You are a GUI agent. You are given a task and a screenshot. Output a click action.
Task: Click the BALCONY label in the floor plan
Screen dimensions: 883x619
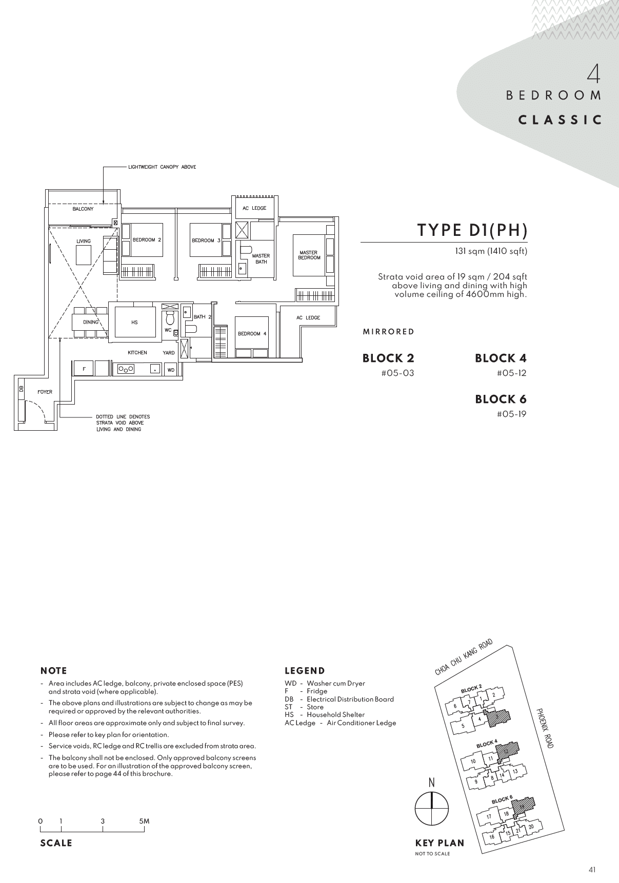coord(83,209)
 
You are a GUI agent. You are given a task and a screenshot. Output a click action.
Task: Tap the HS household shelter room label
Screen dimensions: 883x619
coord(134,323)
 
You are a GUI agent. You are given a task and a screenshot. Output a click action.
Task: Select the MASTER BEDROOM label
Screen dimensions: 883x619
coord(309,255)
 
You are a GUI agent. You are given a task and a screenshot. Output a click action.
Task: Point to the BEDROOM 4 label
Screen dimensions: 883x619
coord(252,334)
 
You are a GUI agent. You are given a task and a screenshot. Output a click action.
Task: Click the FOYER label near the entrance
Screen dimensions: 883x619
coord(45,392)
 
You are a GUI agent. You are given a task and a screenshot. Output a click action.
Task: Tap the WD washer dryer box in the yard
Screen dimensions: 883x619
coord(171,369)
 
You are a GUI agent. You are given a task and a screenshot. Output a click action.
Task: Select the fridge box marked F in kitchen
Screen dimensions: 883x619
coord(84,368)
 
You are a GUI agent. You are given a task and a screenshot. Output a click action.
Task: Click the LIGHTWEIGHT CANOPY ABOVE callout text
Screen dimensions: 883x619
coord(162,167)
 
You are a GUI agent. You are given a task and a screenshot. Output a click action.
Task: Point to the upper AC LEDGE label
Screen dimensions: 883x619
coord(254,208)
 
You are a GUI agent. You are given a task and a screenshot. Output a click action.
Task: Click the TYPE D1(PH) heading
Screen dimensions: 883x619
coord(472,230)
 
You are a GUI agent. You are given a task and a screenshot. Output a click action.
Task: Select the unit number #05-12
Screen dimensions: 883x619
coord(511,373)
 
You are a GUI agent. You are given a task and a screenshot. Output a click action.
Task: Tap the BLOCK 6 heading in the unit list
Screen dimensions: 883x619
coord(501,399)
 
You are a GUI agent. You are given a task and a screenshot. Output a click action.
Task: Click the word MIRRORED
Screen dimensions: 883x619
coord(388,332)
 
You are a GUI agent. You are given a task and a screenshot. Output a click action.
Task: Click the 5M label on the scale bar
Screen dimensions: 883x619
coord(144,821)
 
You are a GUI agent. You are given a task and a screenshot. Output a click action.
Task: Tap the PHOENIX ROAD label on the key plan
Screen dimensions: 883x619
coord(545,728)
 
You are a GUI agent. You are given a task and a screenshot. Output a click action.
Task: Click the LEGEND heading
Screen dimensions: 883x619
coord(305,671)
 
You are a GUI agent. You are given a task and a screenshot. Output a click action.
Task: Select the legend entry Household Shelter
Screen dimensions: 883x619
coord(335,715)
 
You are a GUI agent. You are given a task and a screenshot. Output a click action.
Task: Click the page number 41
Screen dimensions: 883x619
coord(592,869)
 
